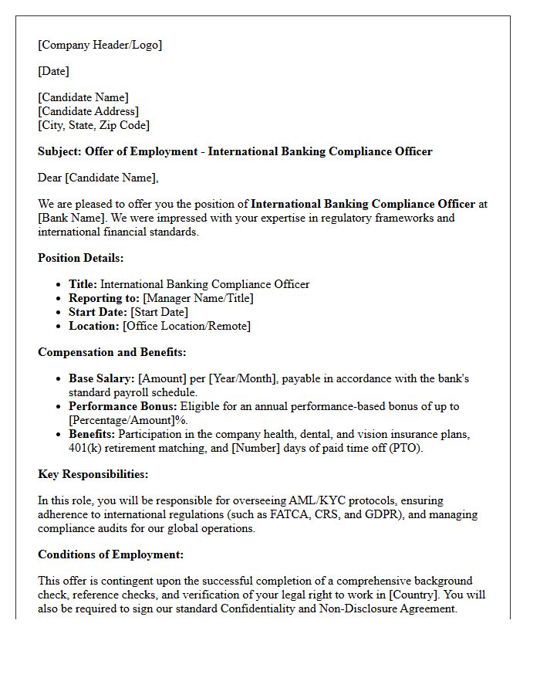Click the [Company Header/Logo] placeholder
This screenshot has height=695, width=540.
[100, 45]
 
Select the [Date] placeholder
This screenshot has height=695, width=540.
[53, 71]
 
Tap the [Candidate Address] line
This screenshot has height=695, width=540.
[88, 111]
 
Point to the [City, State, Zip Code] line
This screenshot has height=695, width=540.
[93, 125]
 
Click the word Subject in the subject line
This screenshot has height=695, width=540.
[59, 151]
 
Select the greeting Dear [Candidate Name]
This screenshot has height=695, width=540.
[98, 178]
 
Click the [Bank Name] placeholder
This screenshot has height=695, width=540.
[68, 218]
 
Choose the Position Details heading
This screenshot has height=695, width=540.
[80, 258]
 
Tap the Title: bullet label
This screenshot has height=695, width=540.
[83, 284]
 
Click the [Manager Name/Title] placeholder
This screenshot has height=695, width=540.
[198, 298]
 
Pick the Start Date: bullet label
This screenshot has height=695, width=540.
[98, 312]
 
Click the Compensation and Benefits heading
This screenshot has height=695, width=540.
[112, 352]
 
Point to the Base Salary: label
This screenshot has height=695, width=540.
[102, 378]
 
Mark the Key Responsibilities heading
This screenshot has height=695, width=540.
[93, 474]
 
